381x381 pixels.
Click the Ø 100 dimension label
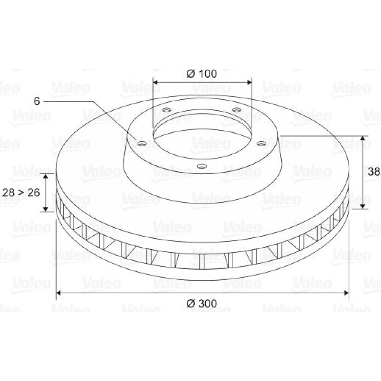pos(202,74)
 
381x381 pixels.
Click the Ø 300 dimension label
pos(202,304)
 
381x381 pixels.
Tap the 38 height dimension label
pos(374,171)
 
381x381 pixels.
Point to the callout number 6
pos(37,101)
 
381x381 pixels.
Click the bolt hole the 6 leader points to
pos(142,143)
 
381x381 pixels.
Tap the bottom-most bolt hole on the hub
pos(202,166)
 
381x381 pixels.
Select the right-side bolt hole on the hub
pos(261,144)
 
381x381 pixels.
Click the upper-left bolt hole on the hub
pos(167,110)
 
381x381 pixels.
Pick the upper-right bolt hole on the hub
pos(237,110)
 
